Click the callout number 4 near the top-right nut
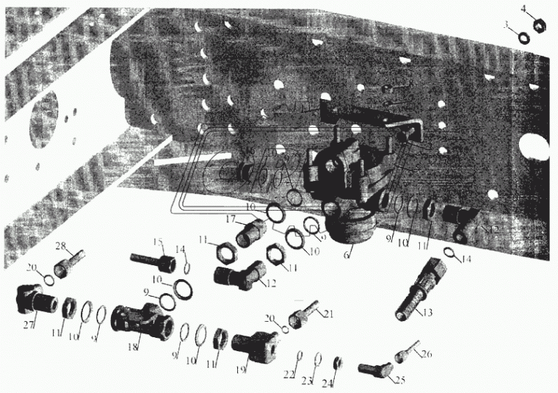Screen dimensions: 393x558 point(523,10)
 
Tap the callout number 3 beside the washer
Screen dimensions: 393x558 point(507,25)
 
